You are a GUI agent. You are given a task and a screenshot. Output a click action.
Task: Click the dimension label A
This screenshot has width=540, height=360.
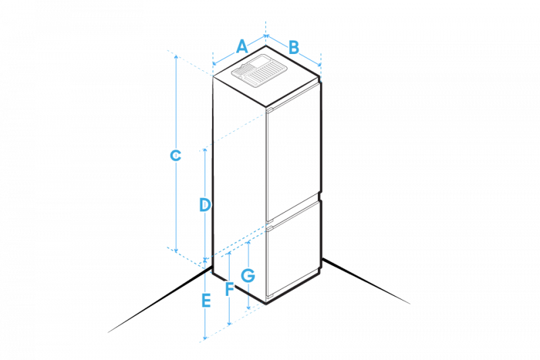pyautogui.click(x=242, y=47)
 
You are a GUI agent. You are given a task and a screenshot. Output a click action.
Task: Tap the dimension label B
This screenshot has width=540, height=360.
pyautogui.click(x=294, y=47)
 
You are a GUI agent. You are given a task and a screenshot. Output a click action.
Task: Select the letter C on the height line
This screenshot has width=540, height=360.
pyautogui.click(x=175, y=155)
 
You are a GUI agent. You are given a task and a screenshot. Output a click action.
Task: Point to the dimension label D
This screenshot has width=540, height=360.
pyautogui.click(x=205, y=204)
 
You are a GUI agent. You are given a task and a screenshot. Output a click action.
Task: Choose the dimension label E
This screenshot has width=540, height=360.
pyautogui.click(x=207, y=300)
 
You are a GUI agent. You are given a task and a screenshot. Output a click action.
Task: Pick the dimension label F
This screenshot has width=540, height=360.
pyautogui.click(x=230, y=289)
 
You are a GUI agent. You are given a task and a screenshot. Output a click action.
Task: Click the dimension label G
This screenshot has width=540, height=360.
pyautogui.click(x=248, y=276)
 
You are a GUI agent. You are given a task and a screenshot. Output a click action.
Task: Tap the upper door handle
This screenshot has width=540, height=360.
pyautogui.click(x=269, y=109)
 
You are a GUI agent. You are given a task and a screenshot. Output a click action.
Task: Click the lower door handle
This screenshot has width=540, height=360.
pyautogui.click(x=269, y=230)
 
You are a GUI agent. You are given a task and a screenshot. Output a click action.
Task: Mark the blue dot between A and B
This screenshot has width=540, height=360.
pyautogui.click(x=267, y=35)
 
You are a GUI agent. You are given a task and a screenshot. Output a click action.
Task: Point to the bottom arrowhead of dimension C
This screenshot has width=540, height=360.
pyautogui.click(x=176, y=251)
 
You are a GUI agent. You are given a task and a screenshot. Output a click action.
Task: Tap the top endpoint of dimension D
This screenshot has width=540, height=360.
pyautogui.click(x=205, y=150)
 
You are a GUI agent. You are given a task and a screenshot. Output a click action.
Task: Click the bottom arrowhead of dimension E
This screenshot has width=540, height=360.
pyautogui.click(x=205, y=338)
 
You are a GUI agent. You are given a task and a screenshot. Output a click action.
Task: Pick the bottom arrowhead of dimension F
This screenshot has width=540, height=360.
pyautogui.click(x=230, y=324)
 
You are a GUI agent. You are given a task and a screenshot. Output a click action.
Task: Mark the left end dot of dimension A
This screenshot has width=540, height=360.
pyautogui.click(x=214, y=65)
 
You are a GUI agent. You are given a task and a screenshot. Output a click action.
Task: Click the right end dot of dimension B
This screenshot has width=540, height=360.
pyautogui.click(x=319, y=65)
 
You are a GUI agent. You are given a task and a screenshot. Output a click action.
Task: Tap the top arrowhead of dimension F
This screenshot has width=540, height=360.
pyautogui.click(x=230, y=255)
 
